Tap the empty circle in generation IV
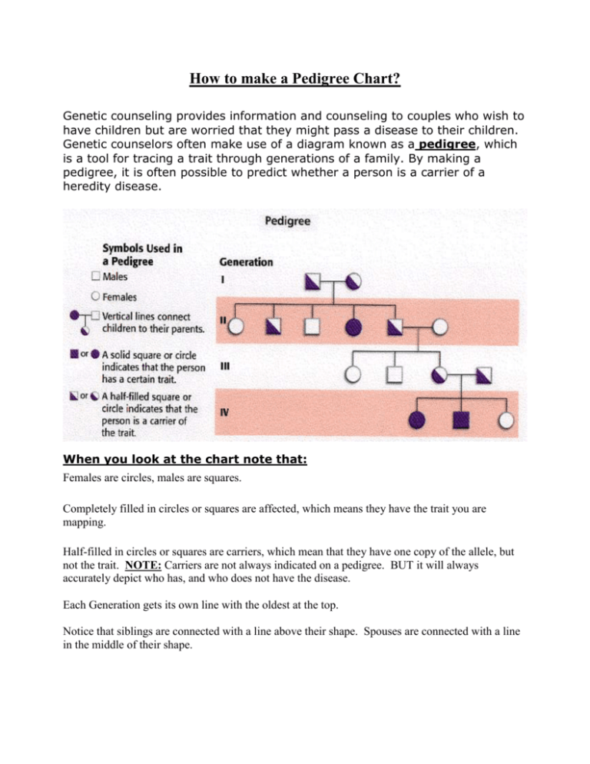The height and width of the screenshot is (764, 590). tap(505, 420)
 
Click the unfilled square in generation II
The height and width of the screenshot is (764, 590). tap(312, 327)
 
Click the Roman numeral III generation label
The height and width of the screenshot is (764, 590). tap(224, 366)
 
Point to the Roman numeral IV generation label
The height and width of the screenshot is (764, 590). tap(224, 412)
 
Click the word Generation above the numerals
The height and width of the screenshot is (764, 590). tap(246, 261)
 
